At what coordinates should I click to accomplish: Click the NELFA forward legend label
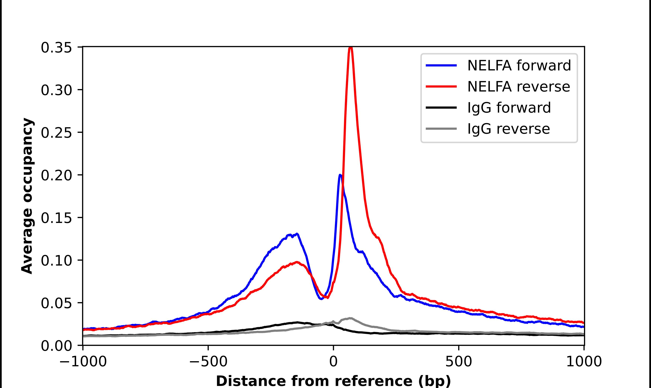pyautogui.click(x=519, y=65)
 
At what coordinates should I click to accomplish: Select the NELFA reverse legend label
pyautogui.click(x=518, y=87)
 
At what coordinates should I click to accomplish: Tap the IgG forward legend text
pyautogui.click(x=509, y=108)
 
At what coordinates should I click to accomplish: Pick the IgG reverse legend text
pyautogui.click(x=508, y=129)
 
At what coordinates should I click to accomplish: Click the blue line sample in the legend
pyautogui.click(x=441, y=65)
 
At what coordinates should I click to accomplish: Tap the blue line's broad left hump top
pyautogui.click(x=297, y=234)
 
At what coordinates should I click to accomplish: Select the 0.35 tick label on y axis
pyautogui.click(x=56, y=48)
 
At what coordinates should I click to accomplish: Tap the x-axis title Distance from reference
pyautogui.click(x=333, y=381)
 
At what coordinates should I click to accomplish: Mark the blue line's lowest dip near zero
pyautogui.click(x=321, y=299)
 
